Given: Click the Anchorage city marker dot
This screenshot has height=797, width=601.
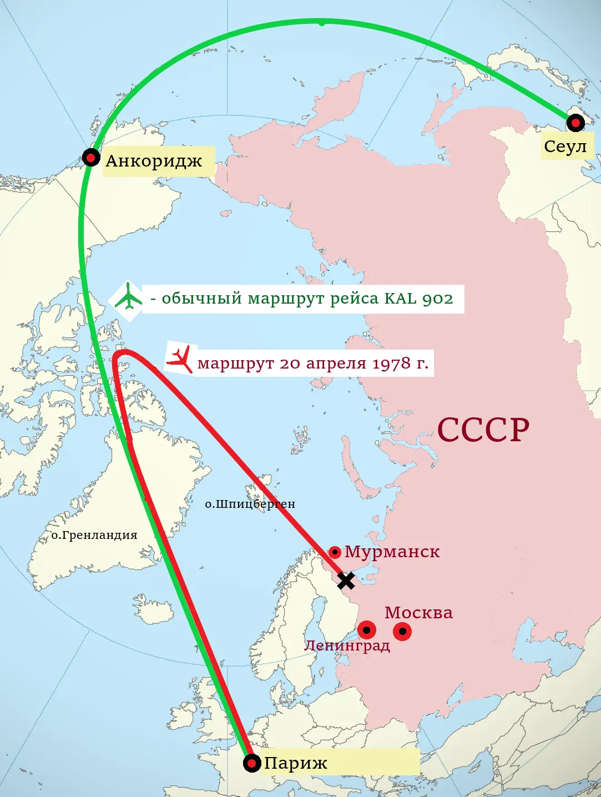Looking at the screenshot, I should pyautogui.click(x=91, y=158).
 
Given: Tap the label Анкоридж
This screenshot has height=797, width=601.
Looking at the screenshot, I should pyautogui.click(x=154, y=161).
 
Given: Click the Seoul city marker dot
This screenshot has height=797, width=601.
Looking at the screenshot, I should pyautogui.click(x=575, y=122).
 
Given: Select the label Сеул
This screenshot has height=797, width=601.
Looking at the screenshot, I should pyautogui.click(x=565, y=147).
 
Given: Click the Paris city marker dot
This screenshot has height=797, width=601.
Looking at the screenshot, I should pyautogui.click(x=252, y=763).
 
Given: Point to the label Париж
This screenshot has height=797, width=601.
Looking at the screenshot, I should pyautogui.click(x=295, y=763).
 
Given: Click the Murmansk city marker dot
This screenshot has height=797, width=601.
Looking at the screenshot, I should pyautogui.click(x=335, y=552).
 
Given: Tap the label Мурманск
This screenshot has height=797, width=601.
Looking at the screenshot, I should pyautogui.click(x=392, y=552).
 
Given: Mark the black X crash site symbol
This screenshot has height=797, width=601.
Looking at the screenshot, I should pyautogui.click(x=346, y=581).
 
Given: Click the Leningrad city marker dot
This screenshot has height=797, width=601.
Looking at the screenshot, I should pyautogui.click(x=367, y=630).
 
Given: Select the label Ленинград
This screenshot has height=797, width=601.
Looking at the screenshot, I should pyautogui.click(x=347, y=645).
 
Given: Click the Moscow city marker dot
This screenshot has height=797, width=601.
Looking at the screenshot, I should pyautogui.click(x=402, y=632).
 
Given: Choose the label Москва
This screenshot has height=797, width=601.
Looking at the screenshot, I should pyautogui.click(x=418, y=613).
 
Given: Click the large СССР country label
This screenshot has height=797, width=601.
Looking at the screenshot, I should pyautogui.click(x=483, y=430).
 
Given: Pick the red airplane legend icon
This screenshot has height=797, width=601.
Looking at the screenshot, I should pyautogui.click(x=180, y=360).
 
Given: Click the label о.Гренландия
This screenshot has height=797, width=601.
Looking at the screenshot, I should pyautogui.click(x=94, y=536).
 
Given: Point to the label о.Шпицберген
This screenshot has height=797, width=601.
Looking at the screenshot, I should pyautogui.click(x=250, y=504).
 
